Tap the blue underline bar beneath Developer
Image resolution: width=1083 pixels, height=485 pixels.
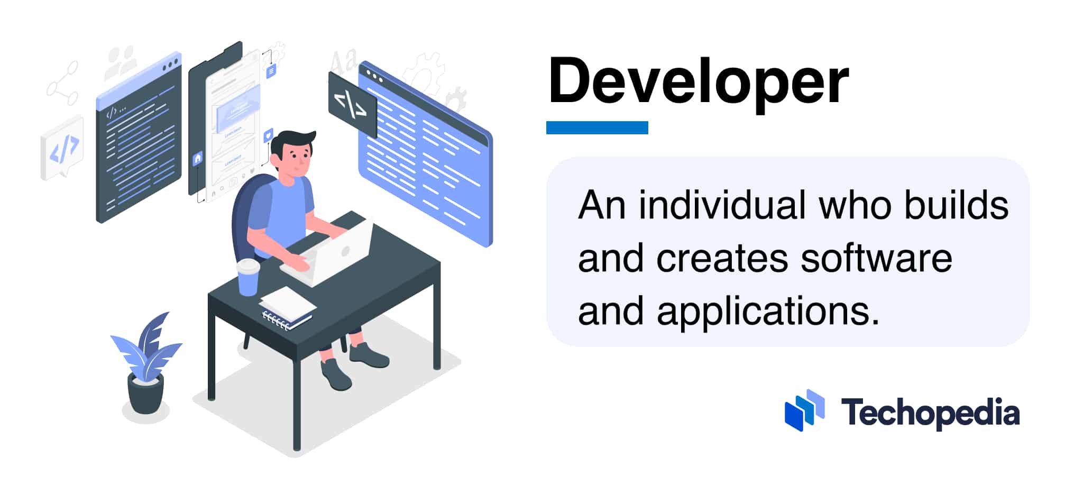coord(597,127)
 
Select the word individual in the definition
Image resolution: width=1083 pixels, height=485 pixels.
coord(722,205)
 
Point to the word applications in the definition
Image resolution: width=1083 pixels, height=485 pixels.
coord(768,311)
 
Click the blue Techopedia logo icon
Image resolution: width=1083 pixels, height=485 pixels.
coord(804,410)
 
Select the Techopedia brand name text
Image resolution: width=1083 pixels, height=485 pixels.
coord(930,413)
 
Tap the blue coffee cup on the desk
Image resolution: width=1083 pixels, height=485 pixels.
coord(247,278)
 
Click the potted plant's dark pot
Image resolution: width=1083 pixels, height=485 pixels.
coord(145,394)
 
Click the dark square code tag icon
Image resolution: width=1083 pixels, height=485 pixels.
coord(352,104)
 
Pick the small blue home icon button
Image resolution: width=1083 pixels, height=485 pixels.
coord(198,158)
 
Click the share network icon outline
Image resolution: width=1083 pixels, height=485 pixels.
coord(62,84)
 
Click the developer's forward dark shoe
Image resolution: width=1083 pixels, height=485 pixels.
coord(335,373)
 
